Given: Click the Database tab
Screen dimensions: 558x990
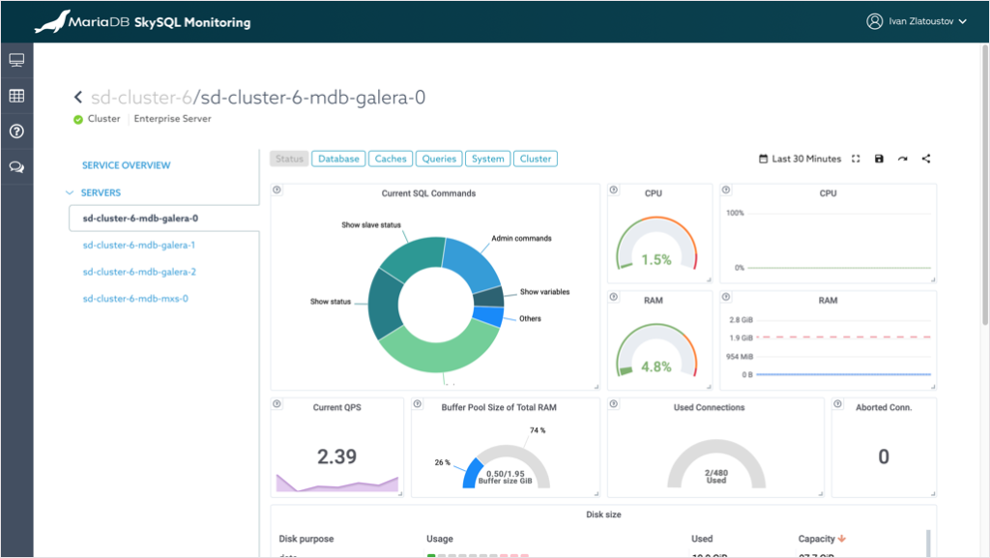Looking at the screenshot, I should pos(338,159).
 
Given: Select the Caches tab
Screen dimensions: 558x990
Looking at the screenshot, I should pos(391,159).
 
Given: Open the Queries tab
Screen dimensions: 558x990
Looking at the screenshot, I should pos(439,159).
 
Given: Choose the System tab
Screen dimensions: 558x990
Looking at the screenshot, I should pos(488,159).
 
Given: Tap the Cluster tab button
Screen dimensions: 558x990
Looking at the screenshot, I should pos(536,159).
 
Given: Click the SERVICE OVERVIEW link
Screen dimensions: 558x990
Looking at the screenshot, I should pos(126,165).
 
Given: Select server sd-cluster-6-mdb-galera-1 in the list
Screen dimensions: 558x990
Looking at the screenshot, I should pos(139,246).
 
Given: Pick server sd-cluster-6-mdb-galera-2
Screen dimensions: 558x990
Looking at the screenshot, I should pos(139,272).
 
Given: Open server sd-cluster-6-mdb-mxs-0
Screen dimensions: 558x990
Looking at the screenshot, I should pos(135,299).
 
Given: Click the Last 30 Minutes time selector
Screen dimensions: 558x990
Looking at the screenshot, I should pos(800,159).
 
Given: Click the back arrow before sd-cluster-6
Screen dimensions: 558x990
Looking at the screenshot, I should pos(78,98).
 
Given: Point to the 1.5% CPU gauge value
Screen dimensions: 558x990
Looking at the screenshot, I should pos(655,260).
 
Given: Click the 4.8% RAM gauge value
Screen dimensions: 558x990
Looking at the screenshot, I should pos(655,367).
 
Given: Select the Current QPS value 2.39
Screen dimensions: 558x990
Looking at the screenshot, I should pos(336,456).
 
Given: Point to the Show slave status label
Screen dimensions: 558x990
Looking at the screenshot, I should pos(371,225).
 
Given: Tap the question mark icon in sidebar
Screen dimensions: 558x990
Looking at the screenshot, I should pos(16,132).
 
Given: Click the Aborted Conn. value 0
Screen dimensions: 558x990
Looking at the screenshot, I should pos(883,457).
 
